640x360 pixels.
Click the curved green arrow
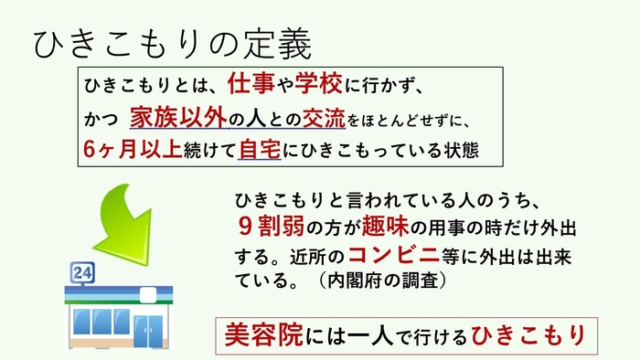(128, 218)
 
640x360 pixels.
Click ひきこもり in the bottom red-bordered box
(528, 334)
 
